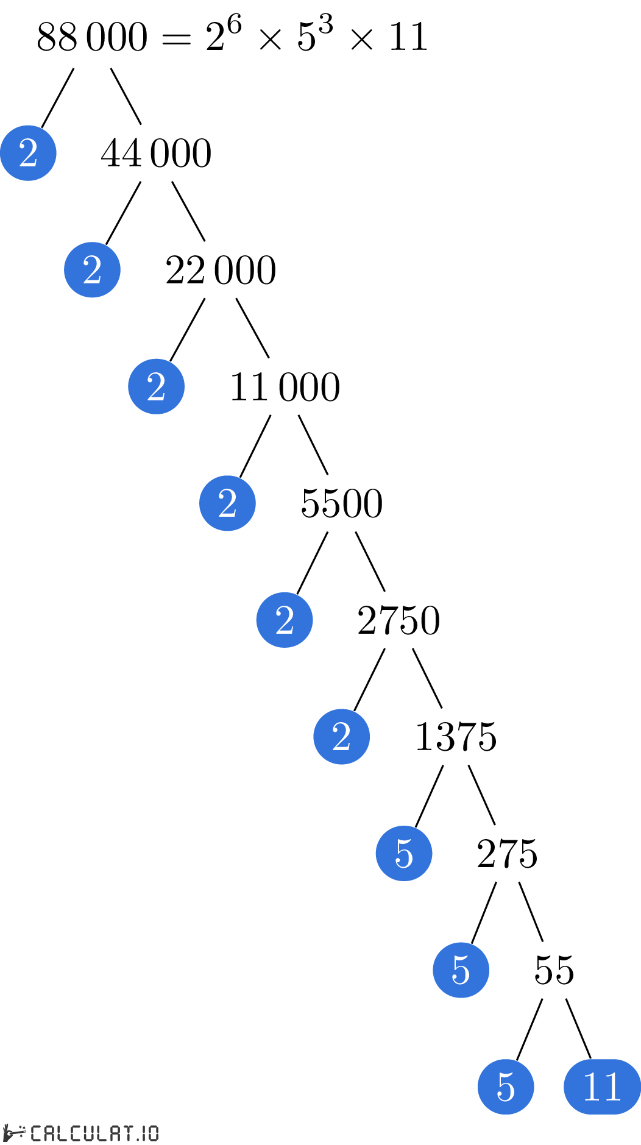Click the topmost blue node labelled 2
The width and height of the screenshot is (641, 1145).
click(28, 153)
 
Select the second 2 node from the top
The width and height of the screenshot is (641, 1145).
click(92, 270)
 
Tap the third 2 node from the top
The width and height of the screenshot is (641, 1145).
click(156, 386)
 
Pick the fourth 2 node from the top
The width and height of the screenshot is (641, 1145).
click(227, 503)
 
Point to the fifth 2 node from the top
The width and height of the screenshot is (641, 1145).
click(285, 620)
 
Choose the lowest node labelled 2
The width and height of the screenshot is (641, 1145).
click(341, 737)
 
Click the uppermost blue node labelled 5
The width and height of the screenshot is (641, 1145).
click(404, 853)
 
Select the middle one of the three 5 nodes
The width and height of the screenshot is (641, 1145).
click(461, 970)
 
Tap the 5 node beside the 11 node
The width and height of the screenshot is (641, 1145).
click(506, 1087)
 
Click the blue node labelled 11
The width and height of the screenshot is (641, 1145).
click(602, 1087)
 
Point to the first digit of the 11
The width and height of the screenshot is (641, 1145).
click(592, 1087)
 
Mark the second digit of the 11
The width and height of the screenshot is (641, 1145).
click(612, 1087)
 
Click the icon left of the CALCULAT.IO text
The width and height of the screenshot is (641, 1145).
click(15, 1133)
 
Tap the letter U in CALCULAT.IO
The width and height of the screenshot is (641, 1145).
click(90, 1133)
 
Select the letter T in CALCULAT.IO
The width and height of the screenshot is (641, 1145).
click(128, 1133)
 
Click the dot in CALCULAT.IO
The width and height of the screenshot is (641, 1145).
click(138, 1138)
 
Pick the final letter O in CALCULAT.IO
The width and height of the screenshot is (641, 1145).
click(152, 1133)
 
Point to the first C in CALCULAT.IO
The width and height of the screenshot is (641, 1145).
click(36, 1133)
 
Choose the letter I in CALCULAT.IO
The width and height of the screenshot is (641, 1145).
click(144, 1133)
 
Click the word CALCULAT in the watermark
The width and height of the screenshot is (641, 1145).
click(82, 1133)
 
